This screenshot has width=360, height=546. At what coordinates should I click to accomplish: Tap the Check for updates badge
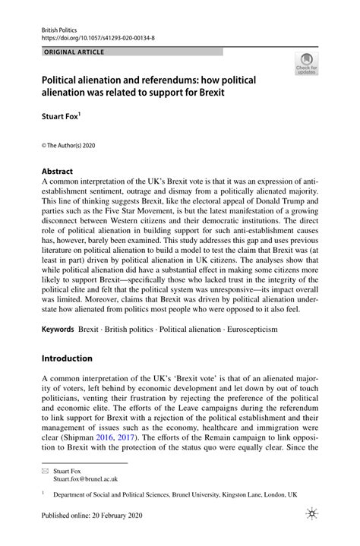click(x=307, y=65)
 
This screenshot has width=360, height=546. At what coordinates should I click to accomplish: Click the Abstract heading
click(x=58, y=172)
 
